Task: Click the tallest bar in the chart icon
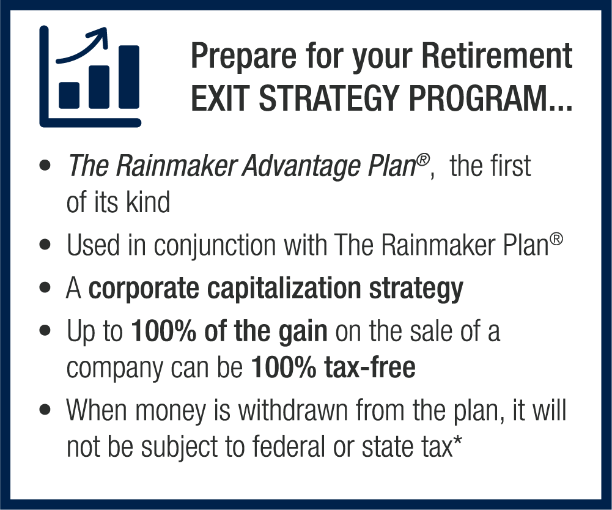click(129, 77)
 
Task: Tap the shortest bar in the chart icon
click(69, 95)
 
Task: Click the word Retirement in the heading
click(497, 56)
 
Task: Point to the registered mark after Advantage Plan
click(422, 160)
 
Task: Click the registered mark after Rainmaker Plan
click(556, 239)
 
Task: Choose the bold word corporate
click(144, 290)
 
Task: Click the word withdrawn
click(293, 410)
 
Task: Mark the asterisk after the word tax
click(457, 440)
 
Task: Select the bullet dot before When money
click(45, 410)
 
